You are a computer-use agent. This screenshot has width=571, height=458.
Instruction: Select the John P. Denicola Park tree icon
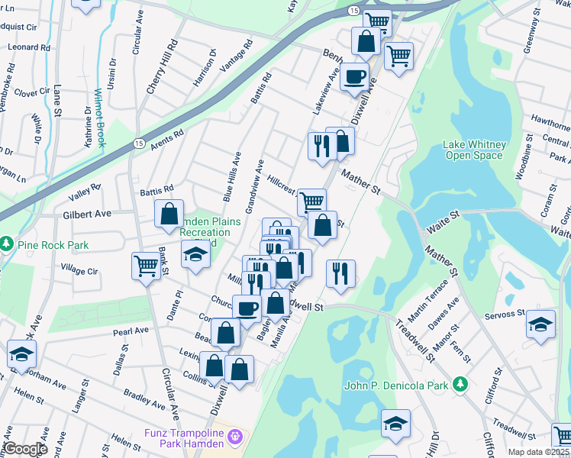pyautogui.click(x=459, y=385)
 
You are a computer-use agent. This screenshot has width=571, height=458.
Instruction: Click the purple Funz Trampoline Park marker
pyautogui.click(x=235, y=437)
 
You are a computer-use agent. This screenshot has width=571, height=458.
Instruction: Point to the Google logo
pyautogui.click(x=24, y=449)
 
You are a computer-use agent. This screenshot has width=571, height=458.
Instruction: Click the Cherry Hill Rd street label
pyautogui.click(x=161, y=67)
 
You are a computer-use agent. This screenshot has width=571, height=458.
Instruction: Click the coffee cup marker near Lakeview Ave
pyautogui.click(x=353, y=76)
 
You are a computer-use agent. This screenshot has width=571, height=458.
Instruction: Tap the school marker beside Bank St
pyautogui.click(x=195, y=254)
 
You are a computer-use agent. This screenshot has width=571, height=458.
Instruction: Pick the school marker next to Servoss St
pyautogui.click(x=540, y=324)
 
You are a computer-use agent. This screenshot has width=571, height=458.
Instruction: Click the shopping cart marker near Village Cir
pyautogui.click(x=145, y=266)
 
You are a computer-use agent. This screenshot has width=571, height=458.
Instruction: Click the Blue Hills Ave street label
pyautogui.click(x=231, y=176)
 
